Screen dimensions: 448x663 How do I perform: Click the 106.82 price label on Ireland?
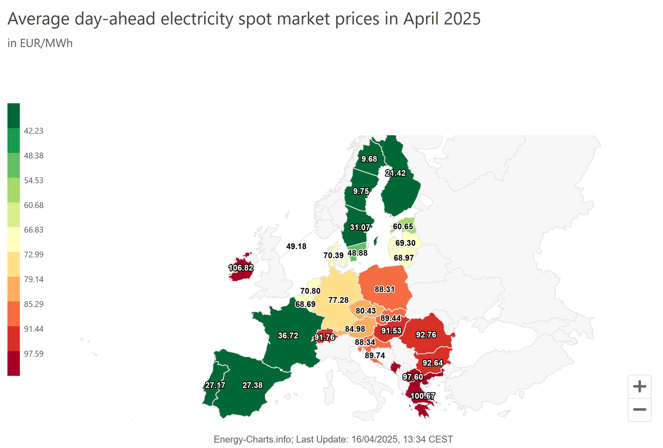tap(241, 268)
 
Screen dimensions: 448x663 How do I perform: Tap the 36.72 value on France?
tap(288, 336)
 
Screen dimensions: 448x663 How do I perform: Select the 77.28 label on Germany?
tap(339, 300)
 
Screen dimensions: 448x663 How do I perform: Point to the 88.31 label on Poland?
tap(385, 289)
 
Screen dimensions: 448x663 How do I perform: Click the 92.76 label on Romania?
tap(426, 335)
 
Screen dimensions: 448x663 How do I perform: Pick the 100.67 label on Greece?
tap(423, 396)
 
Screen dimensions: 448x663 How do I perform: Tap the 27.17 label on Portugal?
tap(215, 385)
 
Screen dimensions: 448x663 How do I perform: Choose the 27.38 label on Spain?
tap(252, 385)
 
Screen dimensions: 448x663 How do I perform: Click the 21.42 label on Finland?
tap(395, 173)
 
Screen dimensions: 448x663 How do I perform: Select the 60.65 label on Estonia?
tap(403, 227)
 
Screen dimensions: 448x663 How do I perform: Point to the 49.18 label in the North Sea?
tap(296, 246)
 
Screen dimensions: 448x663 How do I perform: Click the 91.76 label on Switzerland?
tap(324, 337)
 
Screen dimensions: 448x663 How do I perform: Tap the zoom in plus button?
tap(639, 387)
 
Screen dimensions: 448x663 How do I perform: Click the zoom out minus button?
tap(639, 409)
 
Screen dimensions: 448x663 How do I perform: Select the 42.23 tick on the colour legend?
tap(34, 131)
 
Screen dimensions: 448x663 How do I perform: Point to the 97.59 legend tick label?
tap(34, 354)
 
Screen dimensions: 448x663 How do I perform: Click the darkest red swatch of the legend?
tap(14, 363)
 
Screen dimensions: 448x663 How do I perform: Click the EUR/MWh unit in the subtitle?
tap(46, 44)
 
